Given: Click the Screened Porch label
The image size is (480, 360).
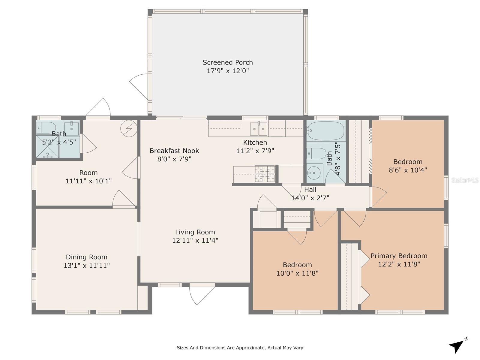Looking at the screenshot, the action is pos(228,62).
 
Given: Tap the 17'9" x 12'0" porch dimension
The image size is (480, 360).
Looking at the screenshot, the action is pos(228,71).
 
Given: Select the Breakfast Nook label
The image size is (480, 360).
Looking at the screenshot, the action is pos(174,151).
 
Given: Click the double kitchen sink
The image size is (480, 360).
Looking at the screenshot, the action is pos(259,129).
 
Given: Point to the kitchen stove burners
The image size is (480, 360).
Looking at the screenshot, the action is pos(265,174).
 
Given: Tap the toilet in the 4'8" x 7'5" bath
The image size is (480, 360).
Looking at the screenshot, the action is pos(316,153).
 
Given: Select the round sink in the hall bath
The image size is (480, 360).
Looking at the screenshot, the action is pos(313,173).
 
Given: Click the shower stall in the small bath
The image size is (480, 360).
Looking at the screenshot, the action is pos(47,146).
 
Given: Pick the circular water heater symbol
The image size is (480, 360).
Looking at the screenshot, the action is pos(129,129).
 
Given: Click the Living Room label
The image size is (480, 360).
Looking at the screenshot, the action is pos(195,232).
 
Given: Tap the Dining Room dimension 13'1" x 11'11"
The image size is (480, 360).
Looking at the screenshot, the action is pos(87,265).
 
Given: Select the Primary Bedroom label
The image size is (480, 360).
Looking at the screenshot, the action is pos(399,256).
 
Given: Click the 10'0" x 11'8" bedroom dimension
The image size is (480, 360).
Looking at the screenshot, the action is pos(297,273).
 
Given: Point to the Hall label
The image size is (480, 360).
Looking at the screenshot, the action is pos(310,190).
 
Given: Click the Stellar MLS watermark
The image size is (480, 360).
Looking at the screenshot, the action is pos(465,180).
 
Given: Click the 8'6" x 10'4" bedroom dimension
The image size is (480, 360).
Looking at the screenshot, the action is pos(408,170).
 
